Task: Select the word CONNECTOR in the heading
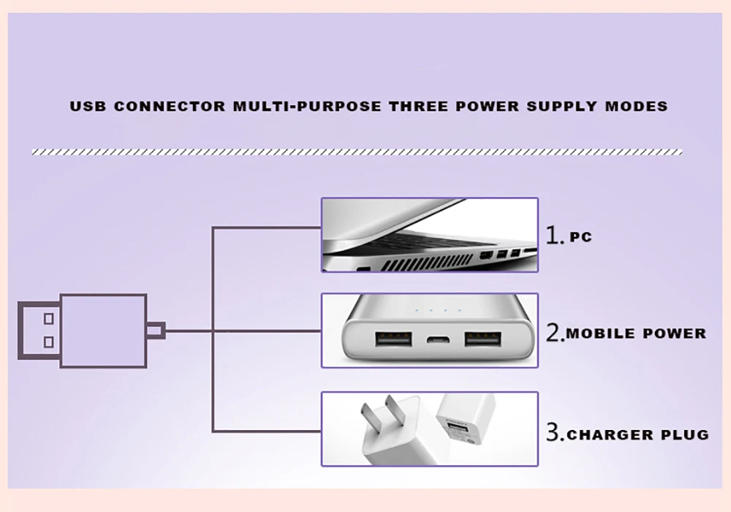170,106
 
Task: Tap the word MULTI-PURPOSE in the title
307,106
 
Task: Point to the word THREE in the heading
418,106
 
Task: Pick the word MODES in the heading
636,106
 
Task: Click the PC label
580,237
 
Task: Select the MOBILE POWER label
637,334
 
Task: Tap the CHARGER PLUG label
638,434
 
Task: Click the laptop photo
430,236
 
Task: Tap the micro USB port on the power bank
439,341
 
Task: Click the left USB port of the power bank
393,341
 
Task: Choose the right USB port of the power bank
482,341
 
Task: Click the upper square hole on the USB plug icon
48,319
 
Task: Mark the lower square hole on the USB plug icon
48,342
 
